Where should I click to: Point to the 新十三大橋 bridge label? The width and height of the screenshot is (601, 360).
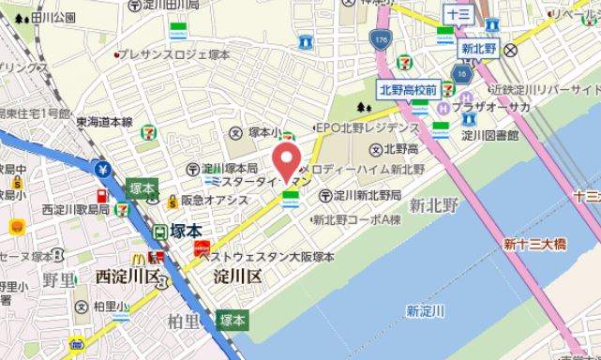click(534, 246)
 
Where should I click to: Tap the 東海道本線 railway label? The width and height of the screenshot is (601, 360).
click(104, 121)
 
